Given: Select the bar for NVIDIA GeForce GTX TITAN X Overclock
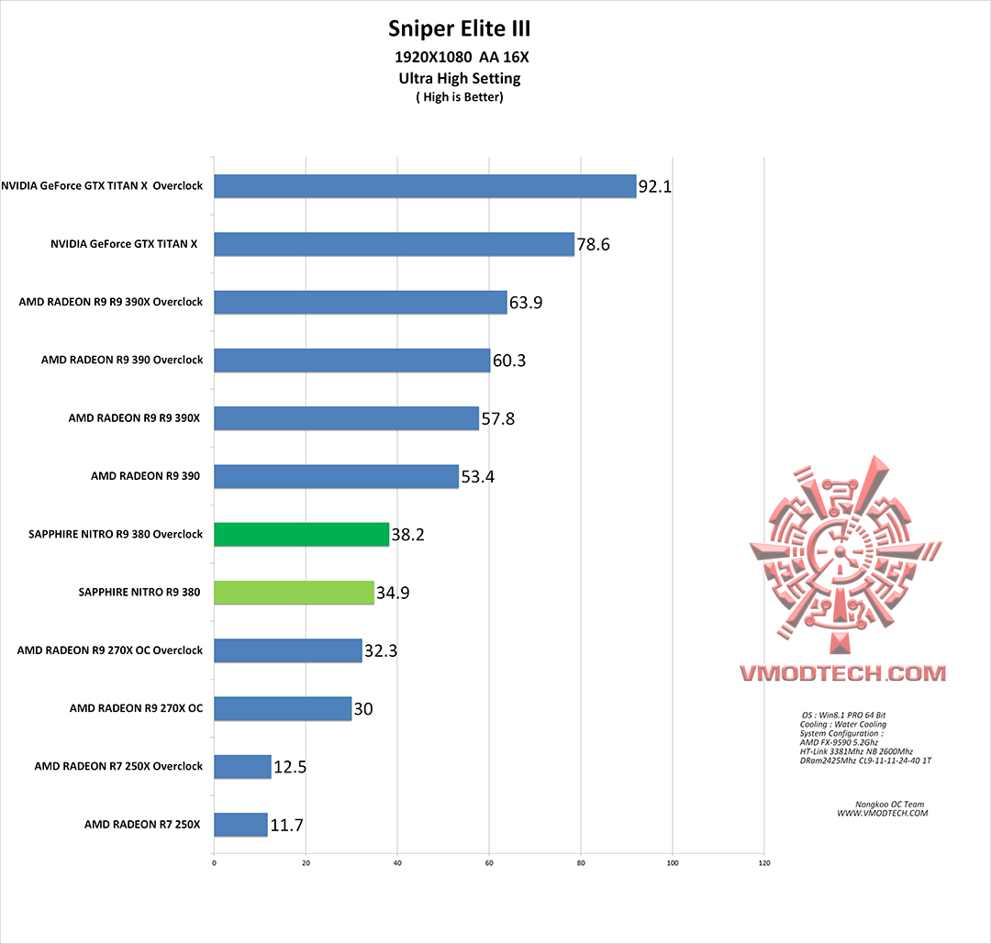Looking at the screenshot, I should [425, 186].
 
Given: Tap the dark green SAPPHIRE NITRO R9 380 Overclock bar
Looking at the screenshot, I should [301, 534].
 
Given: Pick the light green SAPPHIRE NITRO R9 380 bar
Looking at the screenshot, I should [294, 593].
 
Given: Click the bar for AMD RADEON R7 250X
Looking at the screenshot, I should [240, 825].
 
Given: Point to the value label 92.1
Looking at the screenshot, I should [655, 187].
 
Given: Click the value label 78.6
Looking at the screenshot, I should [594, 245].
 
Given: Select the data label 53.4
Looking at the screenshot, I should [478, 477].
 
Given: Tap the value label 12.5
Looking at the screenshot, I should [289, 767].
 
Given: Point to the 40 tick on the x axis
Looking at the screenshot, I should [397, 863].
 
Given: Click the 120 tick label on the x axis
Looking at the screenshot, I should [764, 863].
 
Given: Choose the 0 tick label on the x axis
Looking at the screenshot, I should [214, 863].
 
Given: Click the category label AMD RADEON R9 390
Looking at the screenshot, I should [146, 476].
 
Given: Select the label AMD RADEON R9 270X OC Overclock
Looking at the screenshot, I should [110, 650].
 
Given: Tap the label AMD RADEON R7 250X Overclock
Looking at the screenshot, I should [118, 766].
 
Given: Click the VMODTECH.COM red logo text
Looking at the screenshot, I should [842, 673].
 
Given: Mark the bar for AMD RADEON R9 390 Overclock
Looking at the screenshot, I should [351, 361].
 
